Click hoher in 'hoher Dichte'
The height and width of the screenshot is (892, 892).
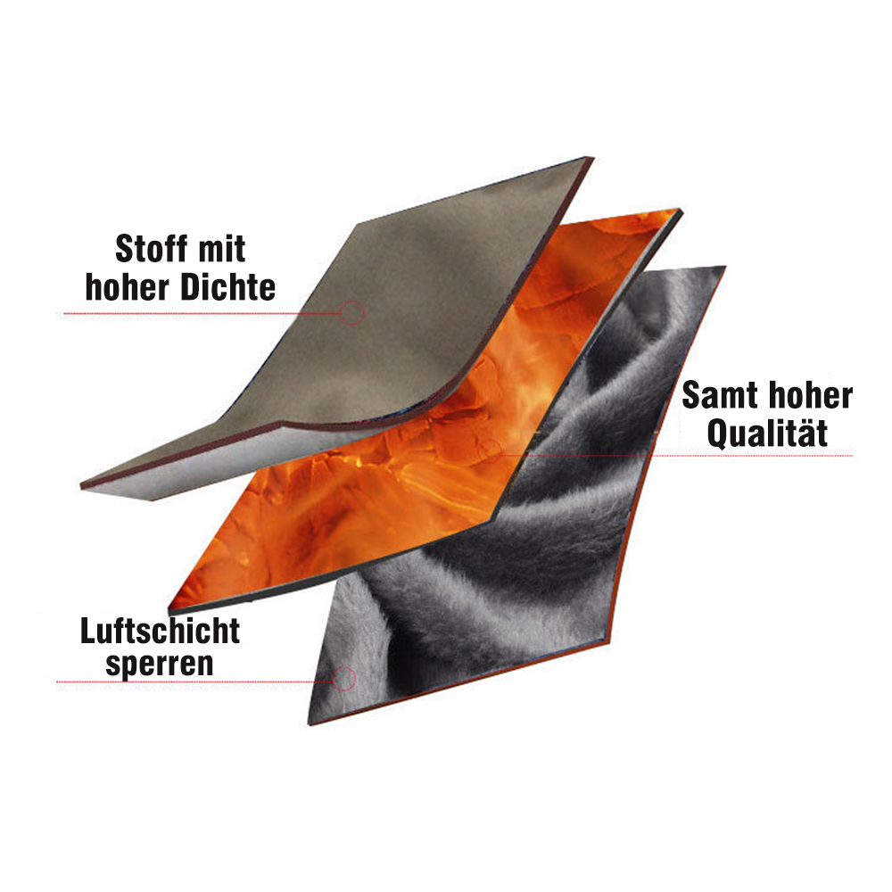point(129,287)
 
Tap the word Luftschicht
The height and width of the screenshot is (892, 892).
point(161,632)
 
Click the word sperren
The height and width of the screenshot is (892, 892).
point(161,665)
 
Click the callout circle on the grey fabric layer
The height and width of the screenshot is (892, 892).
point(353,311)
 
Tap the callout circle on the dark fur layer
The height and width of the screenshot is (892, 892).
point(345,678)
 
